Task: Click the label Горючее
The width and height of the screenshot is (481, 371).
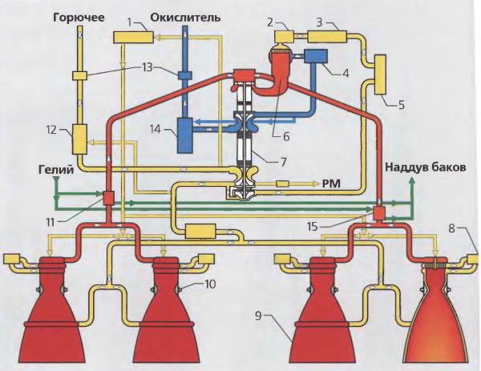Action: [79, 16]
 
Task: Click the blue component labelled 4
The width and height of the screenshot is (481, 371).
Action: [317, 58]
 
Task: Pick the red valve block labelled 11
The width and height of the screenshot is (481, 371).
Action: [105, 198]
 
